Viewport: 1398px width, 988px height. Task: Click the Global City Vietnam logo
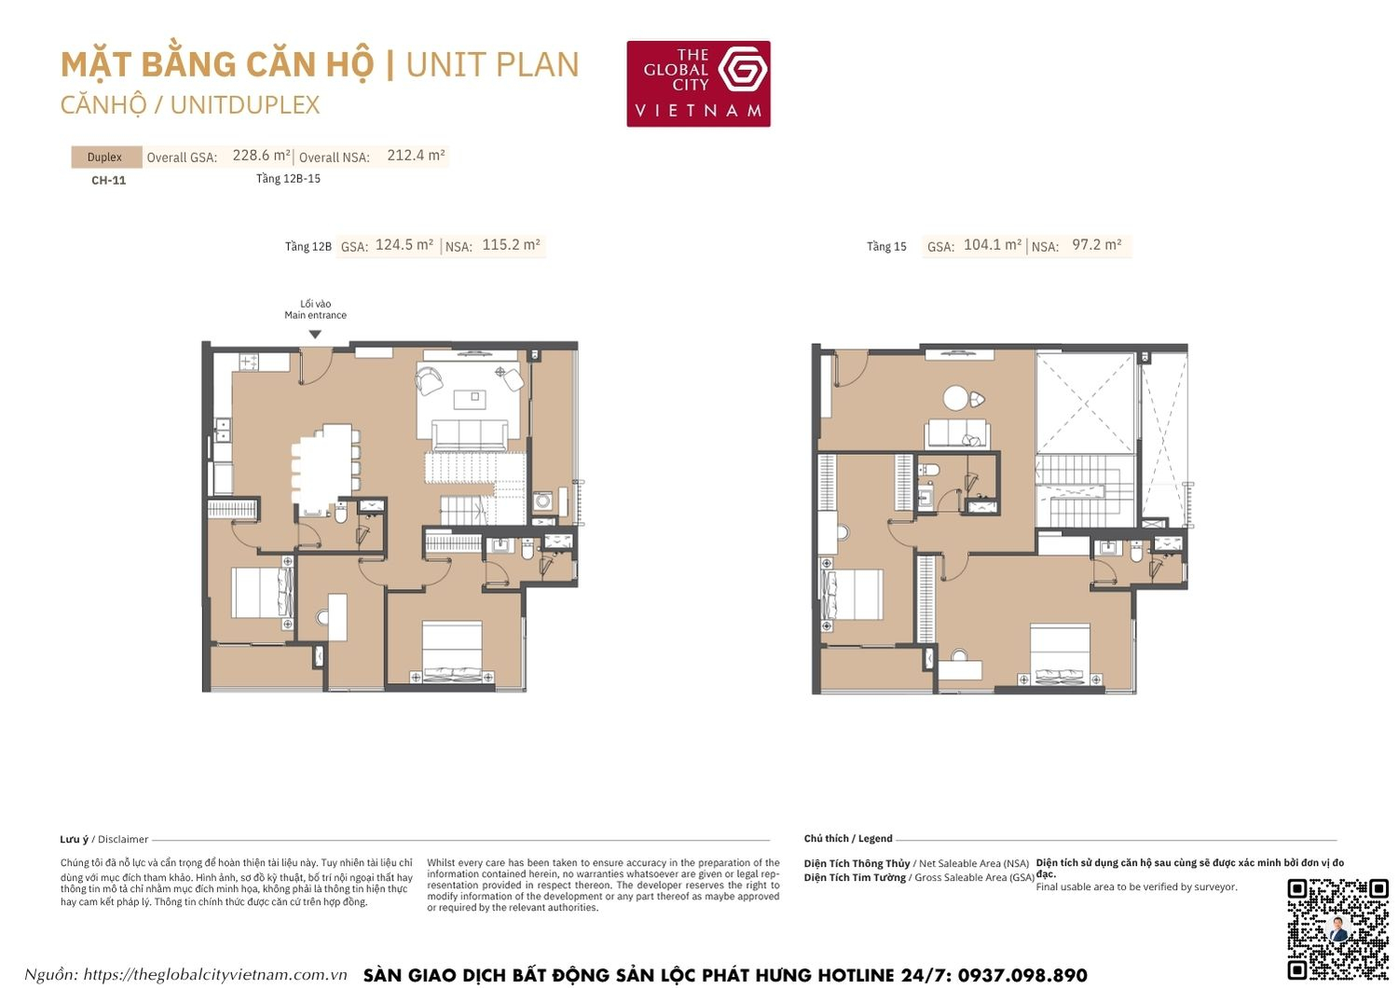698,84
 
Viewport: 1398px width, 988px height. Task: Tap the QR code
1337,928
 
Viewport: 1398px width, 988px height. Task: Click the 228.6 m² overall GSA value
261,156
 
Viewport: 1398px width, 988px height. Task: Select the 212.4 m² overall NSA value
416,156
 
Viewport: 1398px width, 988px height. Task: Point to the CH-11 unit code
108,181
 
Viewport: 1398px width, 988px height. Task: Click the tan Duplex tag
105,158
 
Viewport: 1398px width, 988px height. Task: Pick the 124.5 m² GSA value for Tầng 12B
404,245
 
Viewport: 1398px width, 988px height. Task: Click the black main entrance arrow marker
315,335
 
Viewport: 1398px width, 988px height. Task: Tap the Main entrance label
315,315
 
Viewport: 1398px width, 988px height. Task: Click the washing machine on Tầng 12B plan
542,501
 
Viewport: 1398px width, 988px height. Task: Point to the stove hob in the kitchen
249,361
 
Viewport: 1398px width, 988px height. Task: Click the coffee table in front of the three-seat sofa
469,399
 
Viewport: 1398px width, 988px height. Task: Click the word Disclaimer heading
123,840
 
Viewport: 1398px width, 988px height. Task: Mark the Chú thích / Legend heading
848,839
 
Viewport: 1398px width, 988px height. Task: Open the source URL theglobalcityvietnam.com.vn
215,975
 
